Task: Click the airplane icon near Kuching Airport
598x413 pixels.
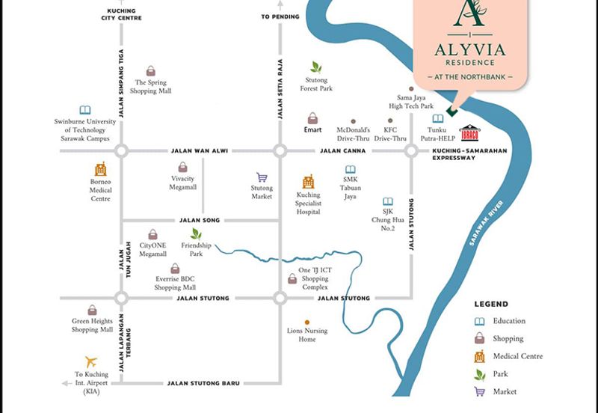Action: pos(91,361)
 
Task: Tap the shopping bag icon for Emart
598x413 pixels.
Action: pos(312,118)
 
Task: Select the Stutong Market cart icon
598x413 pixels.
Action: pos(262,178)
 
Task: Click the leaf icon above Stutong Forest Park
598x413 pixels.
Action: pos(316,67)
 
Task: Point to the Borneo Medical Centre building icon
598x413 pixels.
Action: pos(100,170)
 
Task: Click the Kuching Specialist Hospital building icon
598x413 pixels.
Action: pos(308,182)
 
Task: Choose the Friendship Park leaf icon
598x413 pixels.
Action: pos(196,234)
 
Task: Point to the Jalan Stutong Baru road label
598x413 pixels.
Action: pos(203,383)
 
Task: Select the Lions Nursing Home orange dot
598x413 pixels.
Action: pos(306,322)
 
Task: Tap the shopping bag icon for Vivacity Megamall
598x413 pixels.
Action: pos(182,168)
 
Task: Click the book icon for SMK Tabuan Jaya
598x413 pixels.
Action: pos(350,170)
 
